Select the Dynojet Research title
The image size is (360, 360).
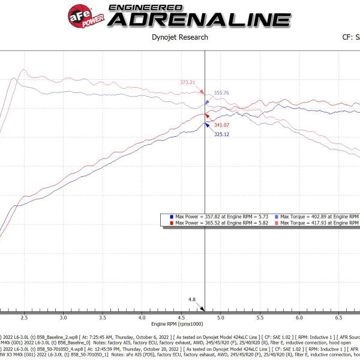pos(180,37)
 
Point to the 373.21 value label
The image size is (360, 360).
pos(188,82)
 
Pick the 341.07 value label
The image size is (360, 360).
pos(221,125)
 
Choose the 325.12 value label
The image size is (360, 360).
pos(221,134)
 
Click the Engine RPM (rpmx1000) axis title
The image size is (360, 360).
pos(180,323)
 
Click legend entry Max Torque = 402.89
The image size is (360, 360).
pos(318,216)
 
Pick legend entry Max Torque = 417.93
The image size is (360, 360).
pos(318,223)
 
